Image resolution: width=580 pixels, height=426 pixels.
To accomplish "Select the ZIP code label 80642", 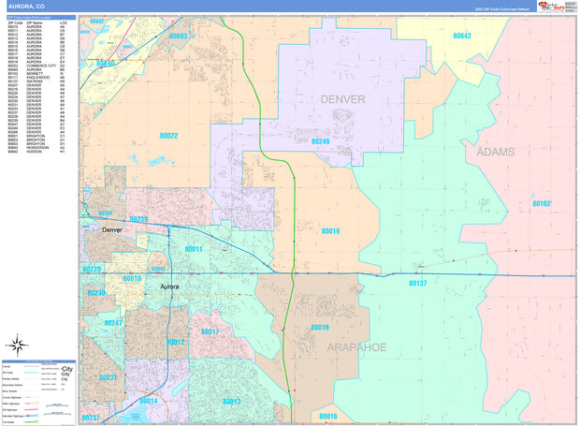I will (x=461, y=36).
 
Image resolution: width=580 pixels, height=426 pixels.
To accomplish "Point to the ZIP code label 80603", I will (x=178, y=37).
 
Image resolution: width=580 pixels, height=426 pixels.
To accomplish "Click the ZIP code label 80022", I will (x=168, y=136).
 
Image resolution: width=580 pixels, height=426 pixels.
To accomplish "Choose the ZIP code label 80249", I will (x=320, y=141).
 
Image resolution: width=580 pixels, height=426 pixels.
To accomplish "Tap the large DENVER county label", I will (x=342, y=98).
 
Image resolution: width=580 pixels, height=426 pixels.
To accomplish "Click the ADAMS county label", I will (x=496, y=151).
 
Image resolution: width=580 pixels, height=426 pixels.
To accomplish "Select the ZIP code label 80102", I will (x=542, y=203).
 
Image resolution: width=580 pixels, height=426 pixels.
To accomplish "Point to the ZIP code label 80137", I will (x=417, y=283).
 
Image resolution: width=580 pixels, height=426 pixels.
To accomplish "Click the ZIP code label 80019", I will (x=330, y=231).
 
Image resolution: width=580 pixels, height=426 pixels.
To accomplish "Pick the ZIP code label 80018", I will (x=319, y=328).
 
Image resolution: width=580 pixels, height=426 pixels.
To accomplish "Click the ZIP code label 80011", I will (x=194, y=249).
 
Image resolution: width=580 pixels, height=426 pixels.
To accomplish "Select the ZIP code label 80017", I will (x=210, y=332).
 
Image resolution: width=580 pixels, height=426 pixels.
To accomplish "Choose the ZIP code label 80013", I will (x=231, y=401).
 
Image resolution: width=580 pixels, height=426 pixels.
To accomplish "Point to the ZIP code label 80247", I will (x=113, y=323).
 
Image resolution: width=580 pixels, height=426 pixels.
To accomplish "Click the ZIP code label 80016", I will (x=327, y=416).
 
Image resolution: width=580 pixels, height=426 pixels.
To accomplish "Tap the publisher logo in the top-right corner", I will (x=554, y=7).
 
